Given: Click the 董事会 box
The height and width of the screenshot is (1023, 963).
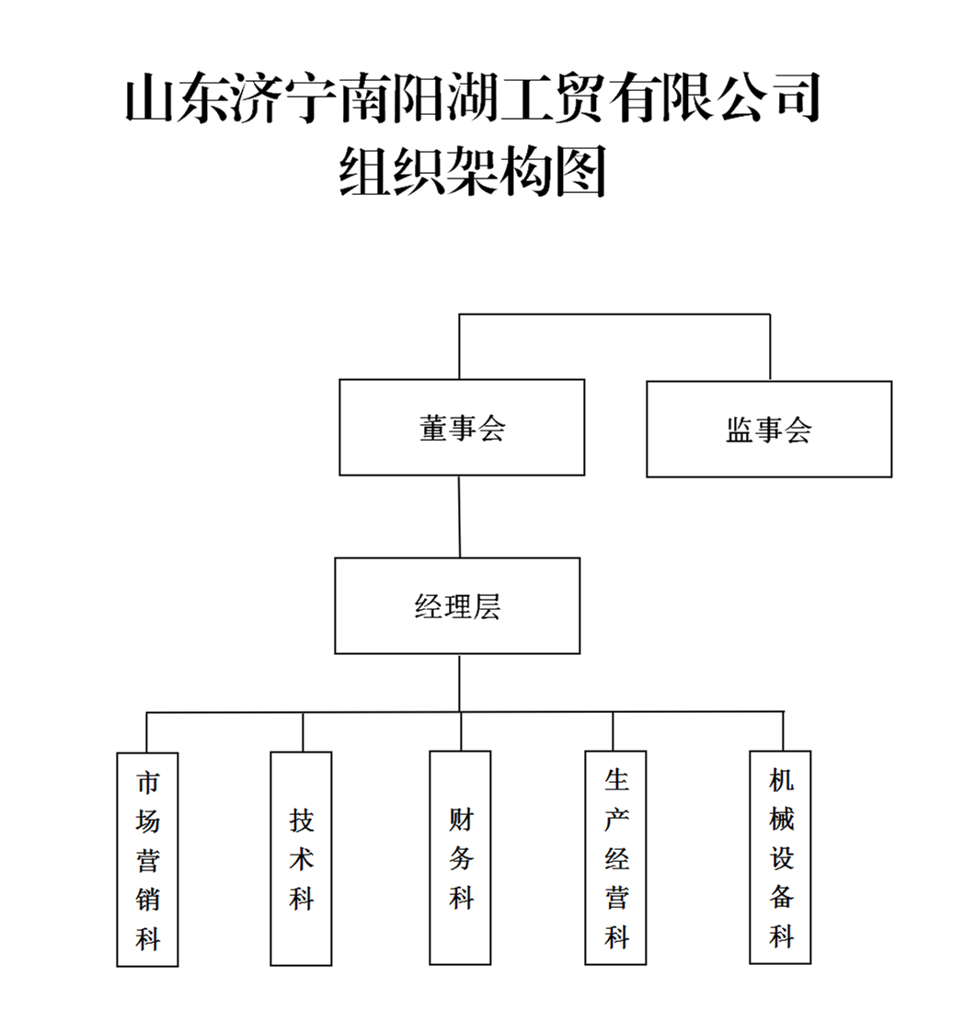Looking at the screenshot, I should pos(462,428).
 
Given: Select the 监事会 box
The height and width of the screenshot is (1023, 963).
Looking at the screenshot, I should pos(769,429).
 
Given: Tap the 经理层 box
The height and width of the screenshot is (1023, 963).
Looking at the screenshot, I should pos(457,605).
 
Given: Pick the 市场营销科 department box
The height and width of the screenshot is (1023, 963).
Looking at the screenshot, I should pos(147,859).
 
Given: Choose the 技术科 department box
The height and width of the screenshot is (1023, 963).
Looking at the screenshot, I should pos(301,857).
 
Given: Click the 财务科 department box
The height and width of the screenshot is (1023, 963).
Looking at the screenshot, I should pos(460,857).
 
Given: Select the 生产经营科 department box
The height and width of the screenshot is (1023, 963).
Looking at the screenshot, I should pos(615,857).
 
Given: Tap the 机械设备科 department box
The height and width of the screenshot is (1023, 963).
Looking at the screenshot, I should pos(780,856).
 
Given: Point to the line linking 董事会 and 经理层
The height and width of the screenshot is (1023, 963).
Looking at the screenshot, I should pos(459,516).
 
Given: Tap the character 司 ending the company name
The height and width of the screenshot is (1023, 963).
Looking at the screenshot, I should pos(793,100).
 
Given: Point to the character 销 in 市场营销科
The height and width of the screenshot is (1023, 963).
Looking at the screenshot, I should pos(147,899).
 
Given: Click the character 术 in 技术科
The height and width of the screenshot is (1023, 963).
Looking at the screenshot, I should pos(301,857).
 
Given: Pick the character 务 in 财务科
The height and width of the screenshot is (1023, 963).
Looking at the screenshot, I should pos(460,857).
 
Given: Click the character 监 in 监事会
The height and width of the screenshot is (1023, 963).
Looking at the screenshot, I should pos(740,430).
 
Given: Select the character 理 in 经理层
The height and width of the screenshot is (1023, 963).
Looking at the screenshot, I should pos(457,606).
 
